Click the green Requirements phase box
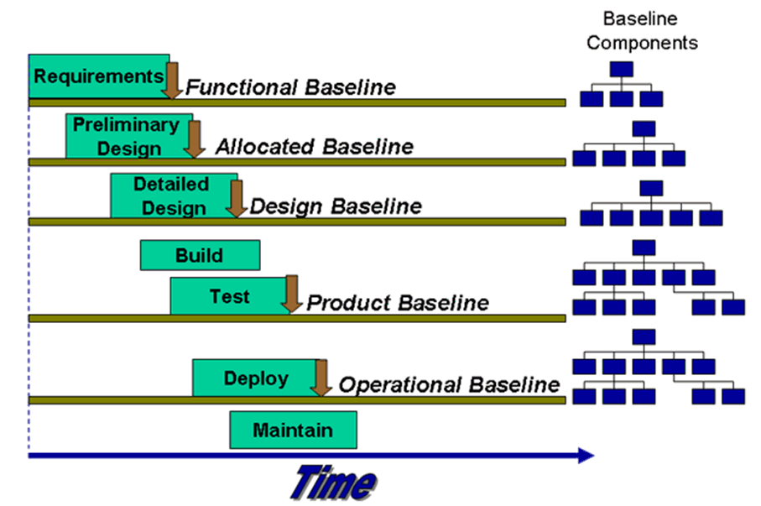click(99, 76)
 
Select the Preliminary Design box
click(129, 136)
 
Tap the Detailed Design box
click(174, 196)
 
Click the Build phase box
click(200, 255)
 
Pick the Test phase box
click(230, 295)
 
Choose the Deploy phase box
click(256, 378)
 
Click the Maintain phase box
click(293, 430)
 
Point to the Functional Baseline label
click(290, 87)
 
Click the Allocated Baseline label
click(315, 147)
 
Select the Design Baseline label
click(336, 206)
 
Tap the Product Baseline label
click(398, 303)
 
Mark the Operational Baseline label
click(449, 384)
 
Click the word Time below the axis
click(334, 483)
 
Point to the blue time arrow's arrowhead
click(586, 456)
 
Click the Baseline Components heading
click(642, 30)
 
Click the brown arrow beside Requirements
click(172, 81)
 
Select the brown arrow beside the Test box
click(292, 294)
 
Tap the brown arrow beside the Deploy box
click(321, 378)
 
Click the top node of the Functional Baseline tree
click(622, 69)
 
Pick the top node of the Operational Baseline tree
click(644, 336)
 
